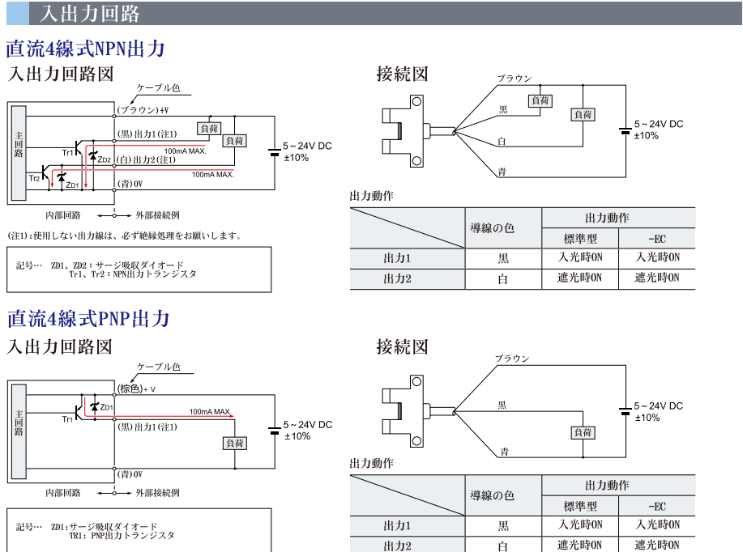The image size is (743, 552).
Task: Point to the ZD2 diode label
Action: (x=104, y=160)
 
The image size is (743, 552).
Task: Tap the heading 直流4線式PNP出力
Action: (x=88, y=318)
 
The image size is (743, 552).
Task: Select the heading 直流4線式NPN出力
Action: (x=86, y=49)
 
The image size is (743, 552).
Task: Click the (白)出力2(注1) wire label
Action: (x=147, y=159)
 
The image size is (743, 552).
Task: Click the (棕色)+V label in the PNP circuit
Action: (x=137, y=389)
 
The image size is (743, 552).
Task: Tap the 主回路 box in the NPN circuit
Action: (x=18, y=153)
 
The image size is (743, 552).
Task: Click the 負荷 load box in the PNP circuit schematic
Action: (x=235, y=443)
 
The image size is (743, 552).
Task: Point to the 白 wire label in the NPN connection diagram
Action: (x=502, y=142)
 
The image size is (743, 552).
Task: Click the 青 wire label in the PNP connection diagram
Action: (x=504, y=450)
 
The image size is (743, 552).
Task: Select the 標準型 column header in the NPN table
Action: (x=580, y=238)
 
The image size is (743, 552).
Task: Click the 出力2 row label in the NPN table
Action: (x=398, y=279)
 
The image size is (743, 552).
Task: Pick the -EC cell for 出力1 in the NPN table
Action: (x=657, y=258)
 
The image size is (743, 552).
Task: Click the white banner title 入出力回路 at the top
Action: (x=89, y=13)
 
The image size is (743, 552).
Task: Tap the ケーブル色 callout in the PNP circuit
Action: (x=159, y=367)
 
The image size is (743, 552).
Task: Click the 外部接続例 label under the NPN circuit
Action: (x=157, y=215)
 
